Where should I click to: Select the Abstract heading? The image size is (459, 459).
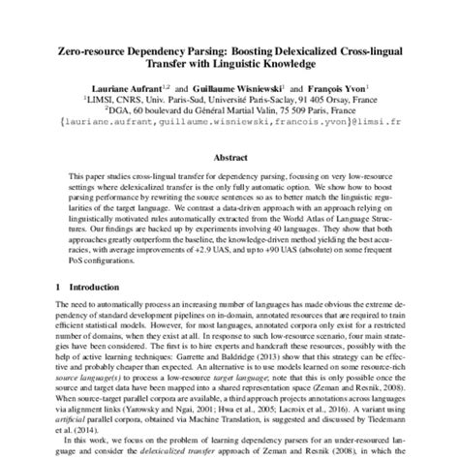(x=229, y=156)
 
